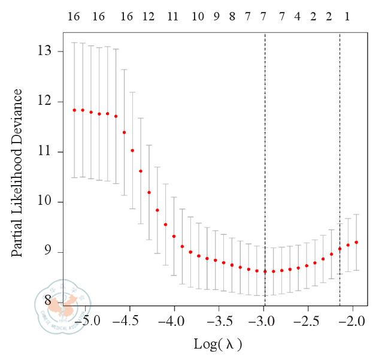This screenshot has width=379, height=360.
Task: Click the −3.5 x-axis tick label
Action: [x=219, y=322]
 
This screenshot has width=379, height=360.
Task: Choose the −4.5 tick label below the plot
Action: [x=129, y=322]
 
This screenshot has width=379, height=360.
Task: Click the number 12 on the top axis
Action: [x=148, y=17]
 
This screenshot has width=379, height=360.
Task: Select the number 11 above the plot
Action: [x=172, y=17]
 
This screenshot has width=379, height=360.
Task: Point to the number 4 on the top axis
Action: [x=297, y=17]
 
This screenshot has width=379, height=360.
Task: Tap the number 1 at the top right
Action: [x=347, y=17]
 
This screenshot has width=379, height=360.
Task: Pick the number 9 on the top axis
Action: [x=217, y=17]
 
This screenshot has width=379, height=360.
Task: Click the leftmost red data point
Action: [x=74, y=110]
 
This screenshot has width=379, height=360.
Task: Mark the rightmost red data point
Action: [x=356, y=242]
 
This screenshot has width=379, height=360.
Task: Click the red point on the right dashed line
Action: [x=339, y=249]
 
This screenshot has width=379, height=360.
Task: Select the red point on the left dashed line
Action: [x=265, y=271]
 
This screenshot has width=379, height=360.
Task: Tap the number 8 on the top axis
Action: [x=232, y=17]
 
